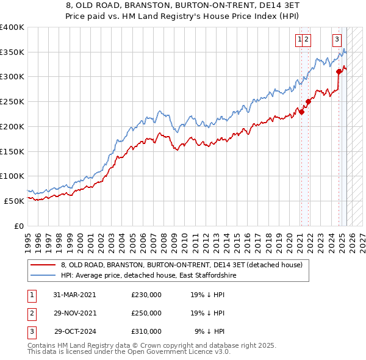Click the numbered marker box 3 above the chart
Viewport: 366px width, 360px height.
click(x=337, y=40)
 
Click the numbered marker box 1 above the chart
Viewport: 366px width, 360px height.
click(x=300, y=40)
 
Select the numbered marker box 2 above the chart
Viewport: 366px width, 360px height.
click(x=307, y=40)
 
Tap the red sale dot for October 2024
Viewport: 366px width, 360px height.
click(x=339, y=72)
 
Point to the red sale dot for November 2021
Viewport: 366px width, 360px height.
click(x=309, y=102)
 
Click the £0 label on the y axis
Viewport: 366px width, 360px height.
click(x=20, y=226)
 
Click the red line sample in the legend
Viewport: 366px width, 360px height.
click(x=43, y=265)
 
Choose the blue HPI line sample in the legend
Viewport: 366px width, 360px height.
click(x=43, y=276)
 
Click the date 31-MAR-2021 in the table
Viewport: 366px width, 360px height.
click(x=74, y=294)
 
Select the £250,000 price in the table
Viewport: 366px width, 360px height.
click(x=146, y=313)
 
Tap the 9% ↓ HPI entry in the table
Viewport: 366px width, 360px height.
click(x=209, y=332)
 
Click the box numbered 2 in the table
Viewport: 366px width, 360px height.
click(x=31, y=313)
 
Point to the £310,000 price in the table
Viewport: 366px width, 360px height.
click(x=146, y=332)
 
